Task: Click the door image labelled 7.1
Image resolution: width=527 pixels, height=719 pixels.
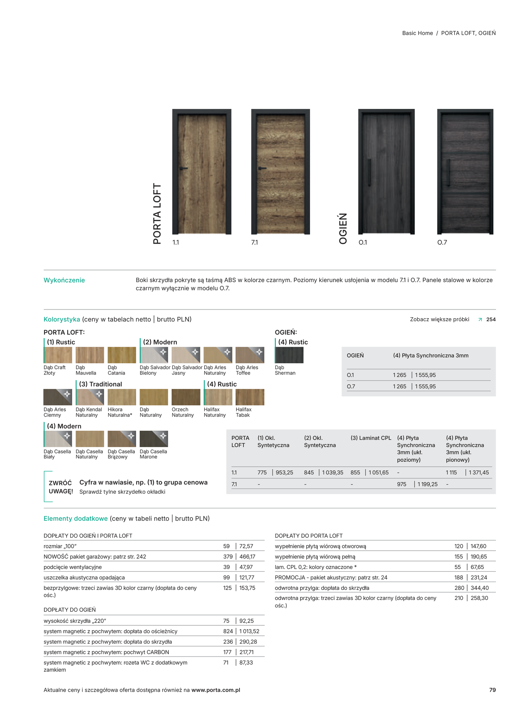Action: (280, 171)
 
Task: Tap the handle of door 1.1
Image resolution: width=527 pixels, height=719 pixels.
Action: (183, 168)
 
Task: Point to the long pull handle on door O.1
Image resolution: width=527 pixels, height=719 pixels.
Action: (369, 171)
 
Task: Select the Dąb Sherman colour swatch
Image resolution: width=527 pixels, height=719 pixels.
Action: (289, 355)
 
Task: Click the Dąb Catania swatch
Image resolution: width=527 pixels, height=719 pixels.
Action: (122, 355)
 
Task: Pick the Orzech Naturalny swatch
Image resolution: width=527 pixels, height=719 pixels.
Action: (186, 397)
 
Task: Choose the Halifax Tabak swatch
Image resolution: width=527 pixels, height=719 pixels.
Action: (250, 397)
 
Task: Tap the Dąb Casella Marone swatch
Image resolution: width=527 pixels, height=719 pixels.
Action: (153, 439)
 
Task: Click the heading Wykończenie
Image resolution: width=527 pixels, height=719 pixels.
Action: (64, 280)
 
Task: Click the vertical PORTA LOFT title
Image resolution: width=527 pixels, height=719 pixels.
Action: (157, 214)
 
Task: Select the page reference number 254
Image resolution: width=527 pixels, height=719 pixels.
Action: (491, 320)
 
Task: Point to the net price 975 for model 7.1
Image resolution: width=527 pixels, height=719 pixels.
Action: (402, 484)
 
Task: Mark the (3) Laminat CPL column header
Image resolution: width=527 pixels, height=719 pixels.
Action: (371, 438)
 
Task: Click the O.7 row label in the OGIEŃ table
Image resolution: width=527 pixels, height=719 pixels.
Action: (351, 386)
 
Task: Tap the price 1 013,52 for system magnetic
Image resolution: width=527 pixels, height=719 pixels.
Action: (249, 631)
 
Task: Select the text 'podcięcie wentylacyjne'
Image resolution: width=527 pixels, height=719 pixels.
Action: (72, 567)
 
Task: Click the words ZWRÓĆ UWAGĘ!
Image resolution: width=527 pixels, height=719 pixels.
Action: (61, 487)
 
